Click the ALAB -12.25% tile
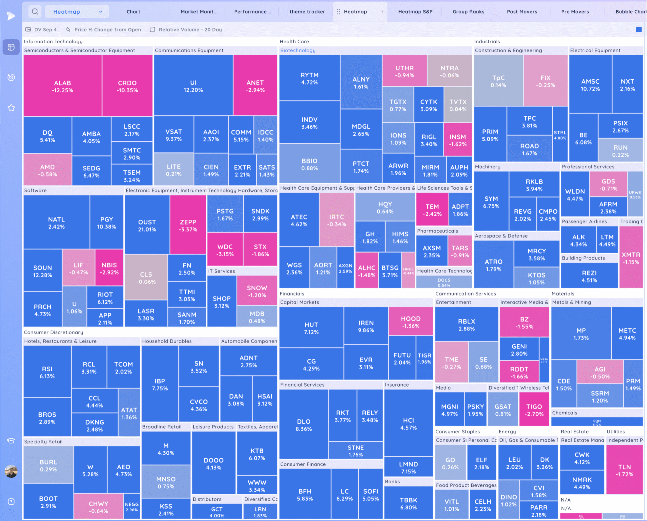tap(62, 86)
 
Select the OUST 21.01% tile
tap(147, 225)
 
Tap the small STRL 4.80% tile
tap(560, 135)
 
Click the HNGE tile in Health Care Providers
tap(408, 270)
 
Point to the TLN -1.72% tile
tap(624, 470)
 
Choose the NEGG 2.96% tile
tap(132, 507)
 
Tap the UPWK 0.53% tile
tap(635, 194)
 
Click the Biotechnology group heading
tap(298, 50)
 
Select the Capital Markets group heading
tap(299, 302)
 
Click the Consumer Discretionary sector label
tap(53, 332)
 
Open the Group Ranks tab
tap(468, 12)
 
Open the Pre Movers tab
tap(575, 12)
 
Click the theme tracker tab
tap(307, 12)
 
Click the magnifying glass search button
tap(35, 12)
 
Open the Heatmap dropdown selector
tap(77, 12)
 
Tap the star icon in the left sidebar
tap(11, 108)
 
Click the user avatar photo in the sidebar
tap(11, 471)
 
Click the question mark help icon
tap(11, 502)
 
